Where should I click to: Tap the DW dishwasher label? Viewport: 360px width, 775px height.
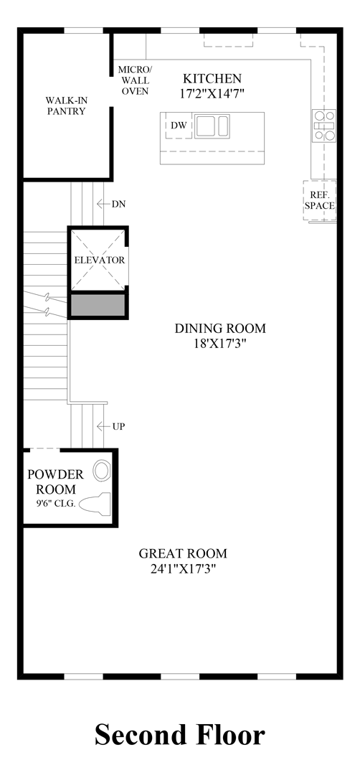tap(179, 126)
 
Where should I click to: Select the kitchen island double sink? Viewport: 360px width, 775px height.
tap(212, 126)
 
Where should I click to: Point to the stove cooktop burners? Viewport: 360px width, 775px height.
tap(324, 125)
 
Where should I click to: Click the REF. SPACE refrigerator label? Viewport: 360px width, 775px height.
tap(319, 200)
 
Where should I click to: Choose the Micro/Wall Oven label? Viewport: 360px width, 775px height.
tap(133, 80)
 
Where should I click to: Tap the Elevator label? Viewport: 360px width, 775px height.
tap(99, 260)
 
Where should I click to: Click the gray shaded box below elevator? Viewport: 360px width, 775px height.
tap(98, 306)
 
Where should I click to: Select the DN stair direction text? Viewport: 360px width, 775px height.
tap(118, 204)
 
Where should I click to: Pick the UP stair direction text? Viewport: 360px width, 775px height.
tap(118, 426)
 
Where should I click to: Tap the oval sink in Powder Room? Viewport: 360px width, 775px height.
tap(103, 471)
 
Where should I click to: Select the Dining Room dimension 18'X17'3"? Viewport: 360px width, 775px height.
tap(220, 343)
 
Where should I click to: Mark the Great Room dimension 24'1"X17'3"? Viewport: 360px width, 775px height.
tap(183, 568)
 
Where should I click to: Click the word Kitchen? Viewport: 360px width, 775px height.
tap(212, 78)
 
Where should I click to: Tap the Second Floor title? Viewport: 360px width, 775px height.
tap(180, 735)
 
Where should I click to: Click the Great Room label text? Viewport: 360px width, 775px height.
tap(183, 553)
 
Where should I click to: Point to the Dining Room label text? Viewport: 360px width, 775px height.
tap(220, 328)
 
